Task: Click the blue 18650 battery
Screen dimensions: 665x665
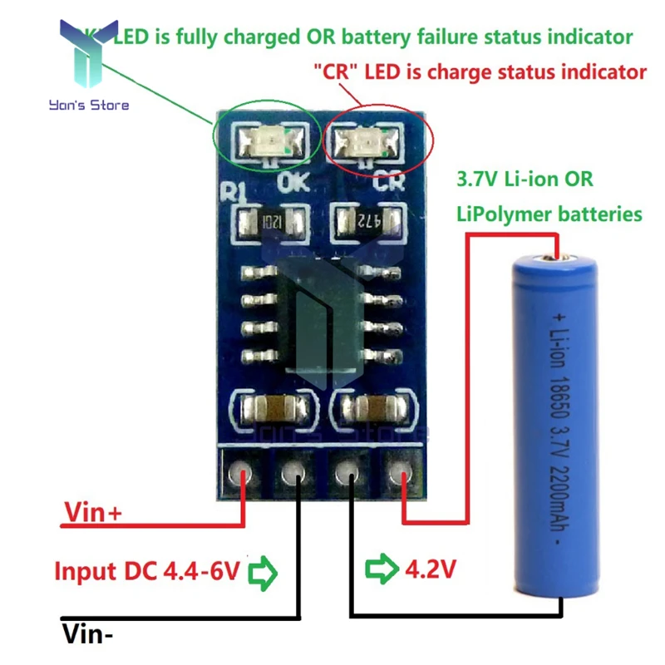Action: [x=555, y=432]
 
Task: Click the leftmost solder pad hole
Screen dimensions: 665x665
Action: [x=244, y=475]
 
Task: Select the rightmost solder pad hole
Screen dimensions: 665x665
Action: [x=403, y=475]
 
